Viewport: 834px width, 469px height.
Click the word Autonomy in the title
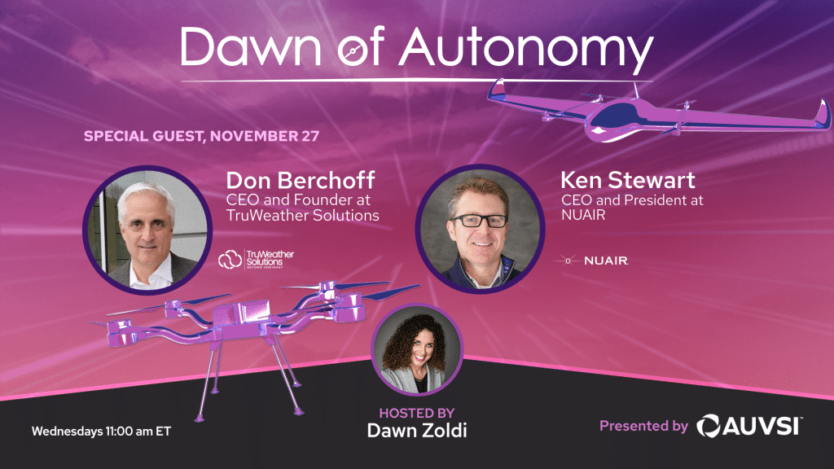tap(526, 50)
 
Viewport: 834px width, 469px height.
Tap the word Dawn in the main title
tap(251, 46)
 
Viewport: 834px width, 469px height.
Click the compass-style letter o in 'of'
tap(353, 51)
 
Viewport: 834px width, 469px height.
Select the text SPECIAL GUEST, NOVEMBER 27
tap(202, 136)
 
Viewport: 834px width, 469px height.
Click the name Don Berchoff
tap(301, 181)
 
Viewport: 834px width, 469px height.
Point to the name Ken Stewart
tap(628, 180)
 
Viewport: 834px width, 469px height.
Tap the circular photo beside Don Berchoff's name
tap(147, 230)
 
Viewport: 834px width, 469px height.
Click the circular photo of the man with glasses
tap(480, 229)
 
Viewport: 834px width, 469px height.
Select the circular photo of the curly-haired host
tap(417, 350)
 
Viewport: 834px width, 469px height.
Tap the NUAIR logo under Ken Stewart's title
tap(591, 261)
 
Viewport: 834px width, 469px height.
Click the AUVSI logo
tap(749, 426)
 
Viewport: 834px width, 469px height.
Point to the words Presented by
tap(643, 426)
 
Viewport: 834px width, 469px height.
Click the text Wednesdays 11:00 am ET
tap(102, 432)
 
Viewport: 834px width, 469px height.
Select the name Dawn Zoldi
tap(417, 430)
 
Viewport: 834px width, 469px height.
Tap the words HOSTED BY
tap(417, 413)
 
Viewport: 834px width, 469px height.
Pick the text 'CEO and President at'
tap(632, 200)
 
